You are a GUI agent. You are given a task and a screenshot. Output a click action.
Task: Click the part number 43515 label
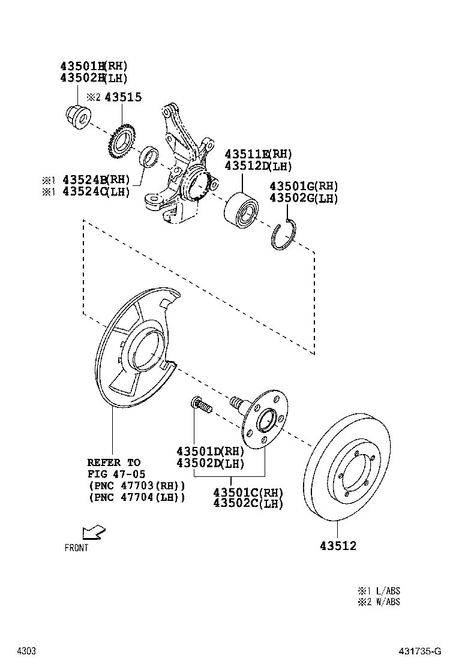[123, 97]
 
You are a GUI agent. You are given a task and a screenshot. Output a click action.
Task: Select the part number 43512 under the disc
[338, 546]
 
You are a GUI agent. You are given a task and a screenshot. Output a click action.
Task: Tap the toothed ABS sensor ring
[122, 143]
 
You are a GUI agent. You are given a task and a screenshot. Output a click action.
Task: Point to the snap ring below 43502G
[283, 237]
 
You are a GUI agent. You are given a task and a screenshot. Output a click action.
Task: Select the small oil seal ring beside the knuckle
[149, 157]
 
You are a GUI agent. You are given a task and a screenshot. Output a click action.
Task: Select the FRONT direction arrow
[94, 532]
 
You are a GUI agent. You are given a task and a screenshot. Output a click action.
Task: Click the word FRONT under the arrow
[76, 548]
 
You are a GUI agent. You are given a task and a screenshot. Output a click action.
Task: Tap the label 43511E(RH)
[257, 154]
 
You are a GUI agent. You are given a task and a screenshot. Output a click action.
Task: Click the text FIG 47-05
[115, 474]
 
